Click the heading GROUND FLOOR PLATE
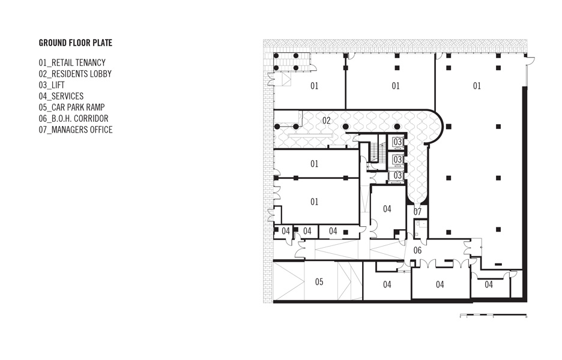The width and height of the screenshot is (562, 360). tap(76, 43)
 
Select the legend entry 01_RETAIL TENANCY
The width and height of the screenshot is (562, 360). tap(72, 62)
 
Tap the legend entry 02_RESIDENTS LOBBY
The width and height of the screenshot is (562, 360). tap(75, 74)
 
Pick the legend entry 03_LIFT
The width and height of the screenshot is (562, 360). tap(52, 85)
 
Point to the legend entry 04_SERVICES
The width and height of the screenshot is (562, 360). tap(61, 96)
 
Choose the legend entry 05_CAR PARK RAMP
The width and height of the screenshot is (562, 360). tap(71, 107)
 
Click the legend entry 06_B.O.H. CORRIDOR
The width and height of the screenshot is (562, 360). tap(73, 118)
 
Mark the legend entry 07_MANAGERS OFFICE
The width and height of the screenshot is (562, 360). tap(76, 130)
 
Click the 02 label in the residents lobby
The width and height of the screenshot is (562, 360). tap(326, 121)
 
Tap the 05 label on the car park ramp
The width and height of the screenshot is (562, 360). tap(319, 282)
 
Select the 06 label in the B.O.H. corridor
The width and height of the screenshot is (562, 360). tap(417, 250)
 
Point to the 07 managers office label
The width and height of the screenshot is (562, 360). tap(417, 212)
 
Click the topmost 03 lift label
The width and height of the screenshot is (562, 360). tap(397, 142)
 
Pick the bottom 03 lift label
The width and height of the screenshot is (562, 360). tap(397, 176)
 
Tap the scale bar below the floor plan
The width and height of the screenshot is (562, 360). tap(494, 316)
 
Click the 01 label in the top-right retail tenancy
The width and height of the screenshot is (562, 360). tap(477, 86)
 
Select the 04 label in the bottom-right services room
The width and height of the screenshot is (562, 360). tap(489, 284)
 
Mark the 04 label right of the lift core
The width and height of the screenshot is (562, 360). tap(387, 209)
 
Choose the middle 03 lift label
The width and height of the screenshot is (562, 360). tap(397, 158)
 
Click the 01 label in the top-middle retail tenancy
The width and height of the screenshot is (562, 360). tap(395, 86)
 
